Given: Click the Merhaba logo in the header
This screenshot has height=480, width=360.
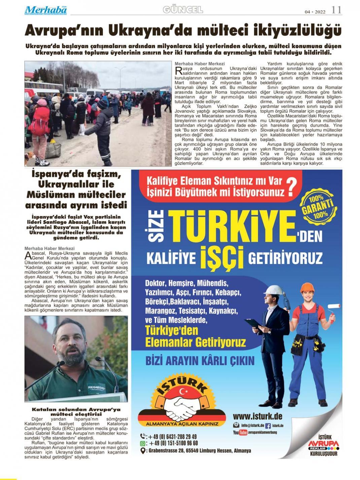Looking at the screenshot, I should pyautogui.click(x=45, y=10).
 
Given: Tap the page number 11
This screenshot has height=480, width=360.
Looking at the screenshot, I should pyautogui.click(x=336, y=10).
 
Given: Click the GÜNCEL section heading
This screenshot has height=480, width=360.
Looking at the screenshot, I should pyautogui.click(x=183, y=10).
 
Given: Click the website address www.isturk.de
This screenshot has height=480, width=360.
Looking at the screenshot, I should pyautogui.click(x=257, y=416).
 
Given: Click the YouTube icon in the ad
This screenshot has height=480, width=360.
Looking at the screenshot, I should pyautogui.click(x=243, y=433).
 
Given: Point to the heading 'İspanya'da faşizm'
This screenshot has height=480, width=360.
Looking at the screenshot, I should pyautogui.click(x=76, y=175).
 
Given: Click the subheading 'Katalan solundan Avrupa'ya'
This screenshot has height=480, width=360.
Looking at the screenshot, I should pyautogui.click(x=76, y=409).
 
